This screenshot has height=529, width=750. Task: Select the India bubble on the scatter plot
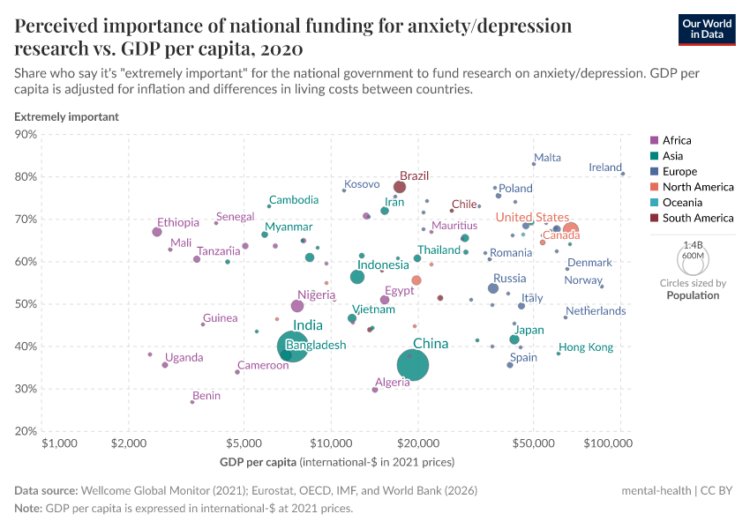(x=297, y=346)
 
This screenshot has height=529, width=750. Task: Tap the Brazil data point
(x=400, y=187)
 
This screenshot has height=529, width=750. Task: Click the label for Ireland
(x=605, y=168)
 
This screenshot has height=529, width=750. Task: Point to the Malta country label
(x=547, y=158)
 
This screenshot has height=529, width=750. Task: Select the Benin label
(x=206, y=396)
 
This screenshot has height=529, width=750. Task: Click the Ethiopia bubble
(x=157, y=232)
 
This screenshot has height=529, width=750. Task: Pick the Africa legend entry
(x=676, y=140)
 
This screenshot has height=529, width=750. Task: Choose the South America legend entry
(x=697, y=218)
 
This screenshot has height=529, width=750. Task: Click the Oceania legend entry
(x=683, y=202)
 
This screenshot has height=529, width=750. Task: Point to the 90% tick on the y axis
(x=26, y=135)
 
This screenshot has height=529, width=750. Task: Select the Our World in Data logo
(x=706, y=28)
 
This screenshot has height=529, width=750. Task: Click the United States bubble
(x=571, y=231)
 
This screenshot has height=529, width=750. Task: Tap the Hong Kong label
(x=585, y=347)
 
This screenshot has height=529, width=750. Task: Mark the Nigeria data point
(x=297, y=306)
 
